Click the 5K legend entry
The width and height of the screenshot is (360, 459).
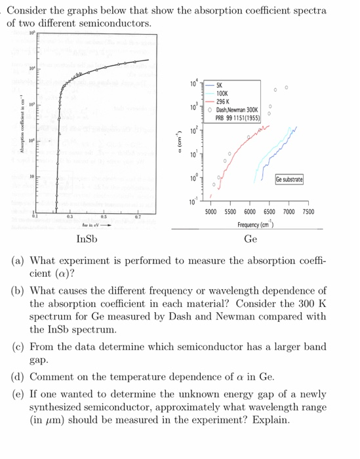click(219, 86)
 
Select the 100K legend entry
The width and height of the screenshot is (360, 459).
click(222, 94)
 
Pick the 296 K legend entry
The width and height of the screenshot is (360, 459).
click(222, 102)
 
